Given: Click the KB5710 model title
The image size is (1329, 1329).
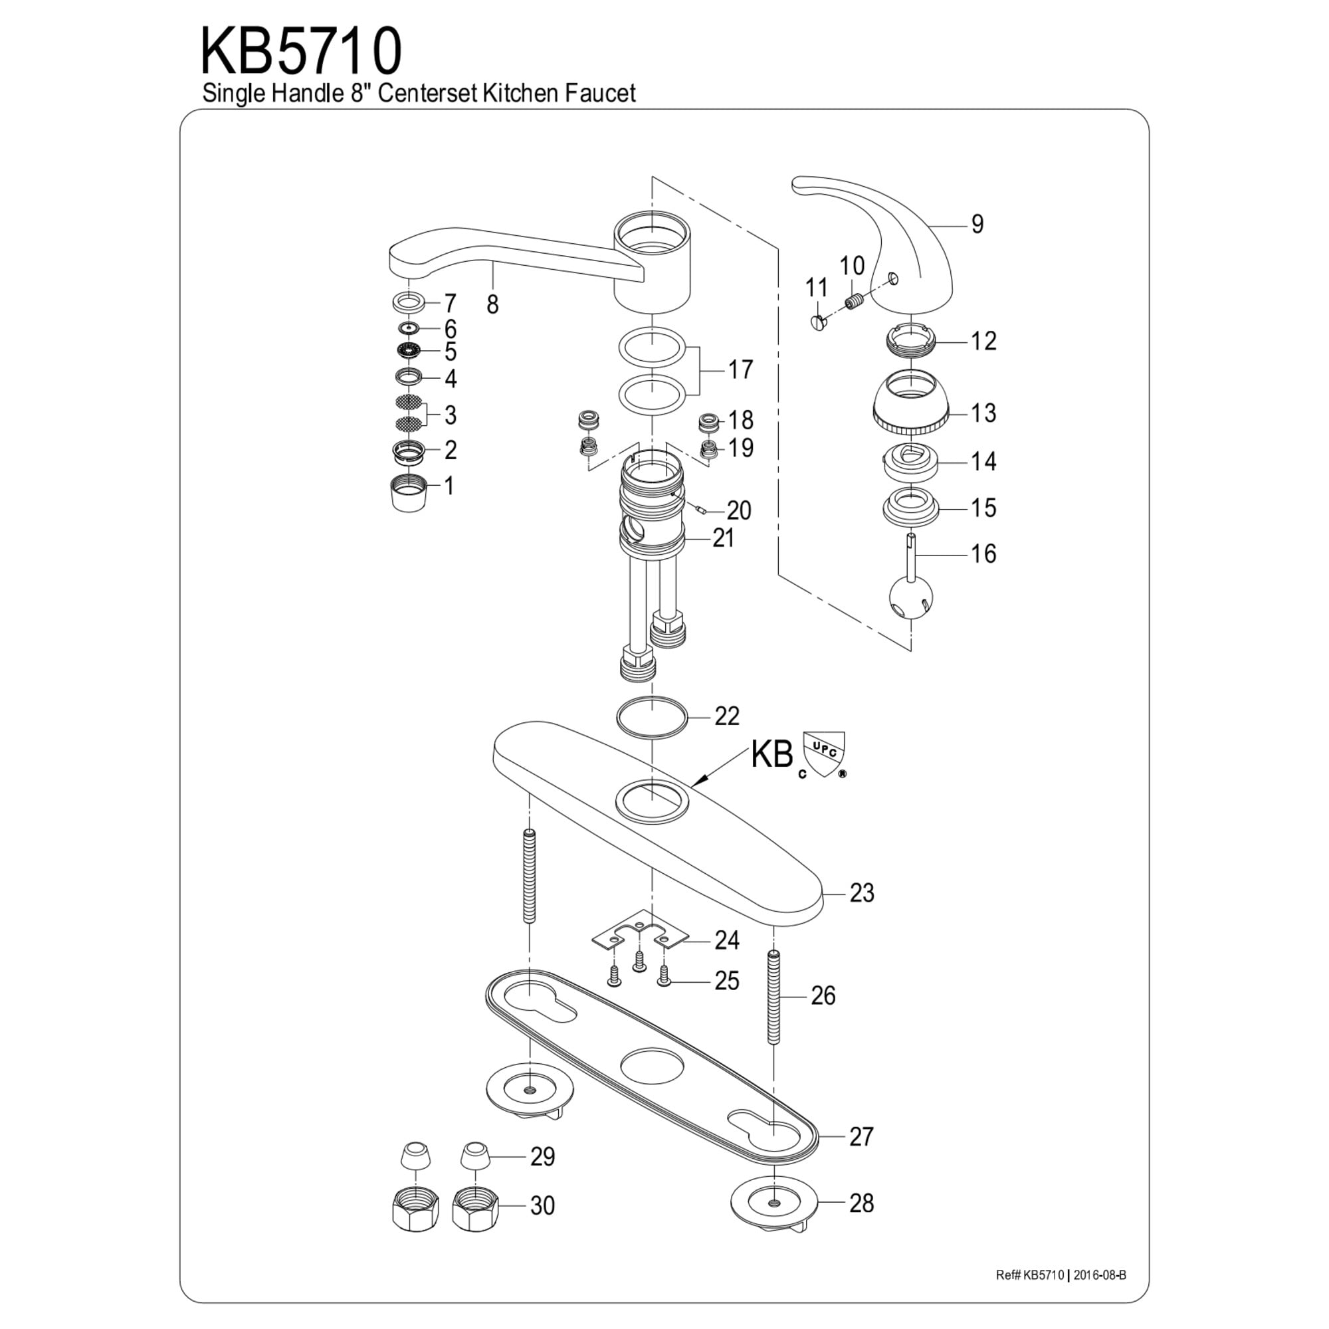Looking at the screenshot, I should pyautogui.click(x=300, y=52).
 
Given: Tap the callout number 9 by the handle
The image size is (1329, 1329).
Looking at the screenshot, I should pyautogui.click(x=977, y=224).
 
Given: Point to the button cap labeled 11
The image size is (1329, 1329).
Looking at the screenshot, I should pyautogui.click(x=818, y=321).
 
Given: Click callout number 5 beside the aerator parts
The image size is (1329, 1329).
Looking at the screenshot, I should pyautogui.click(x=450, y=352).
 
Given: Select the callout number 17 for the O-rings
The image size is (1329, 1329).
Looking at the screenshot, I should pyautogui.click(x=741, y=370).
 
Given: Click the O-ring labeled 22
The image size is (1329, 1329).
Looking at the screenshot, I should pyautogui.click(x=651, y=717).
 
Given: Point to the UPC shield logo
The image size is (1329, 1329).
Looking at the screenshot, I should pyautogui.click(x=823, y=750).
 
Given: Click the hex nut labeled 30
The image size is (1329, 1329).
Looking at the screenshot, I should pyautogui.click(x=476, y=1207).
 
